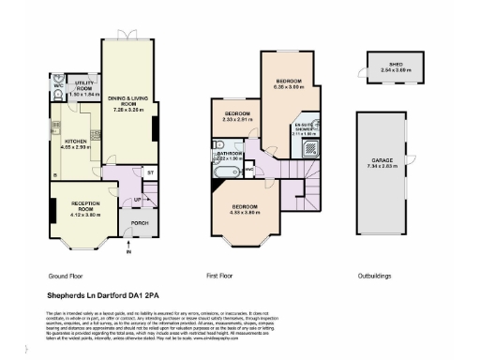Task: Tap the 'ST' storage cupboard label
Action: (x=149, y=173)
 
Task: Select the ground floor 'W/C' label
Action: (x=57, y=85)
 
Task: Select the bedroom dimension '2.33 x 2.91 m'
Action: (x=237, y=120)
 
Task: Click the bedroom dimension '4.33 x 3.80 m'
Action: (x=245, y=212)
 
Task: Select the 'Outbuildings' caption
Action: (x=374, y=277)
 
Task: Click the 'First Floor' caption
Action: (x=220, y=277)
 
